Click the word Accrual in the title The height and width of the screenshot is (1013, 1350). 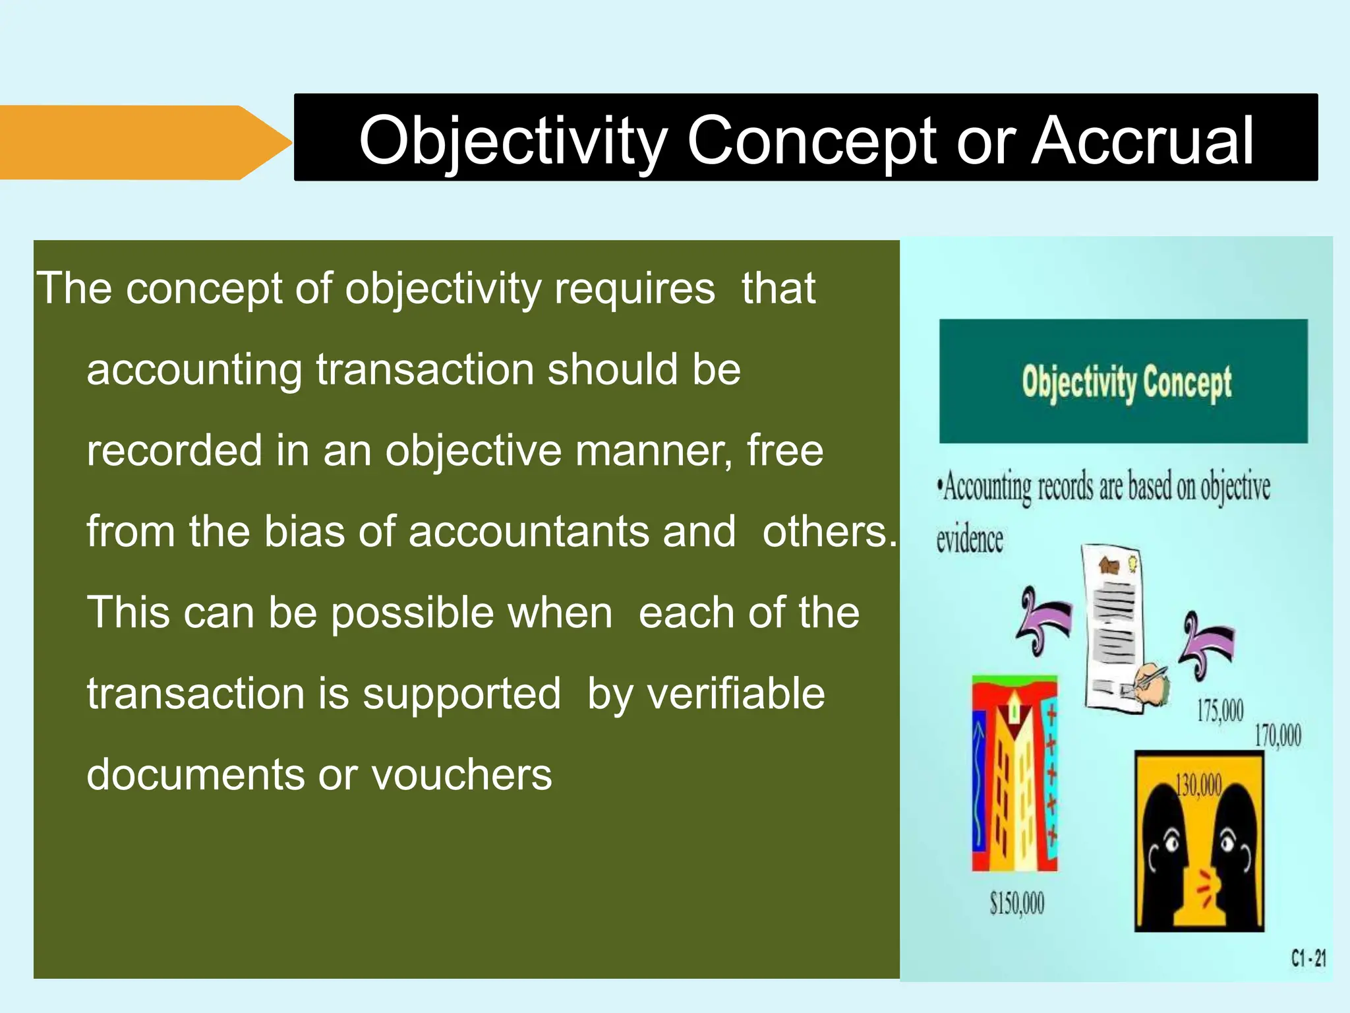coord(1142,140)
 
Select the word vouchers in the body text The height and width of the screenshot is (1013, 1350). coord(461,774)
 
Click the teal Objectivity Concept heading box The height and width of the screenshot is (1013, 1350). coord(1123,381)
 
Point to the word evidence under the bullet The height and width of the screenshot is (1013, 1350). coord(970,539)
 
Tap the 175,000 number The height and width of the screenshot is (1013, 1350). coord(1220,711)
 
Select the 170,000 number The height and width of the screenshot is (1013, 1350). coord(1277,735)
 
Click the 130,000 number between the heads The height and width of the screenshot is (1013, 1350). coord(1198,785)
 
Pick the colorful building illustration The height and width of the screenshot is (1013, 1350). coord(1015,773)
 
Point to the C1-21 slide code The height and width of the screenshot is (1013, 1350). coord(1308,958)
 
